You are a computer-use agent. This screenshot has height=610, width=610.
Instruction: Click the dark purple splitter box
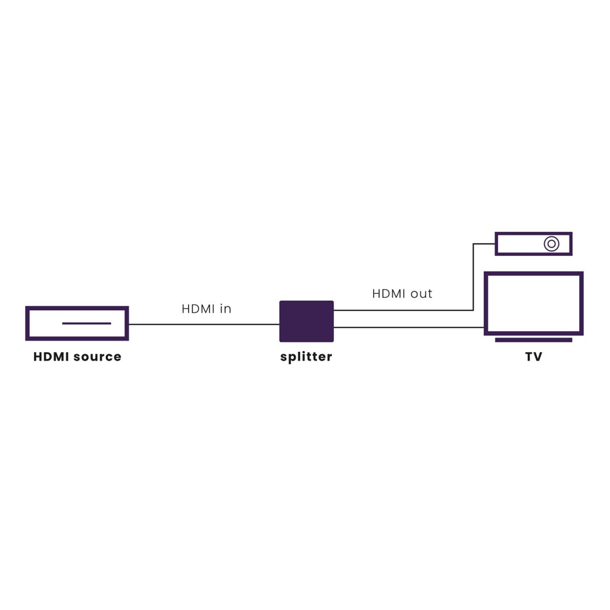pos(306,321)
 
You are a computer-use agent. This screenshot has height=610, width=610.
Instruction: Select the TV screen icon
pos(533,303)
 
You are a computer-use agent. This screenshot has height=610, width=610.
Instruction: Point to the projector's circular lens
pos(551,243)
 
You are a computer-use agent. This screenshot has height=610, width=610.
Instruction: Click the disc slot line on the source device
pos(86,323)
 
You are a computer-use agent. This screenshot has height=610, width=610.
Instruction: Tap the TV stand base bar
pos(533,340)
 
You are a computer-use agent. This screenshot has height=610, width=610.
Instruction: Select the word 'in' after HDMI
pos(225,309)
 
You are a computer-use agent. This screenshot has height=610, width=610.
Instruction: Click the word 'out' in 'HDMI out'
pos(422,293)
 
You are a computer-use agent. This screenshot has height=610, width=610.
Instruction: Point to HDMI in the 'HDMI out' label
pos(389,293)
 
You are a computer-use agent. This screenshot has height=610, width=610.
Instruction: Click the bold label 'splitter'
pos(306,357)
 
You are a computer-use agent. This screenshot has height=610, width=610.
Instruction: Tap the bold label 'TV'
pos(533,357)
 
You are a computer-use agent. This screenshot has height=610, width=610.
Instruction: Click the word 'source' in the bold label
pos(98,357)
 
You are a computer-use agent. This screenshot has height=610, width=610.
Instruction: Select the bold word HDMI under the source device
pos(51,357)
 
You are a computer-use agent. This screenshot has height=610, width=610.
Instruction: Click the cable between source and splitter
pos(203,324)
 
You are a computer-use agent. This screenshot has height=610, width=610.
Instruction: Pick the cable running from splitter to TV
pos(407,327)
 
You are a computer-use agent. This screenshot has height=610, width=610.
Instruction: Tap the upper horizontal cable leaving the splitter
pos(402,310)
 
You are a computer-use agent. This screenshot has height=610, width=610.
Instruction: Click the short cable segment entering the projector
pos(484,244)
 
